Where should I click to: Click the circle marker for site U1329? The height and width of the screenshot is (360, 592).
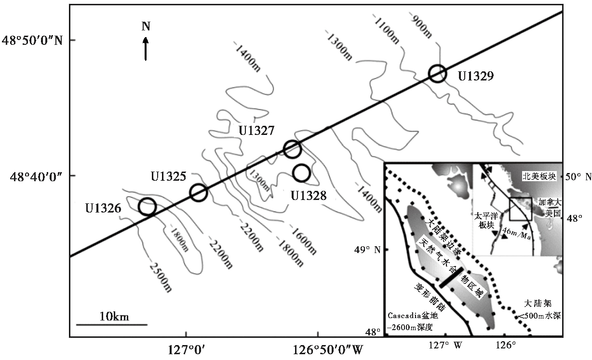tap(437, 74)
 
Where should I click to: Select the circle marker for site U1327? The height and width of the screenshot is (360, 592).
tap(292, 149)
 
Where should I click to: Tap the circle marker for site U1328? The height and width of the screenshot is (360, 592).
tap(301, 173)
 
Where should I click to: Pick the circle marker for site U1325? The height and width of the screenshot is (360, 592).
tap(199, 192)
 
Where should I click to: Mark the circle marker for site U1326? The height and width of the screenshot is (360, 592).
tap(147, 207)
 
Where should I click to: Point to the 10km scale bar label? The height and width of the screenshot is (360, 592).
tap(114, 317)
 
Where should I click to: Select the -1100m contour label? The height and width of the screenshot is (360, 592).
tap(387, 27)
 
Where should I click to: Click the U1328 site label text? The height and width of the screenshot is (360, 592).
tap(308, 195)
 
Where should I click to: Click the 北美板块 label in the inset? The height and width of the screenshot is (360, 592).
tap(539, 177)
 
